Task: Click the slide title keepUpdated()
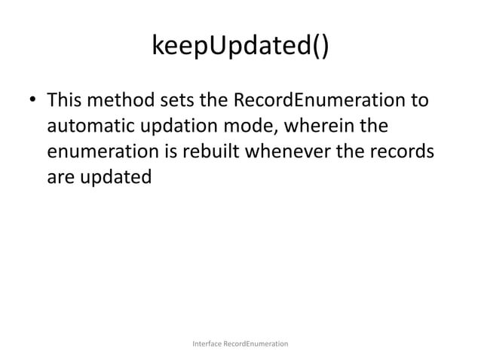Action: tap(240, 49)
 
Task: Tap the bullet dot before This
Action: tap(33, 100)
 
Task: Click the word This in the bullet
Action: tap(66, 99)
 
